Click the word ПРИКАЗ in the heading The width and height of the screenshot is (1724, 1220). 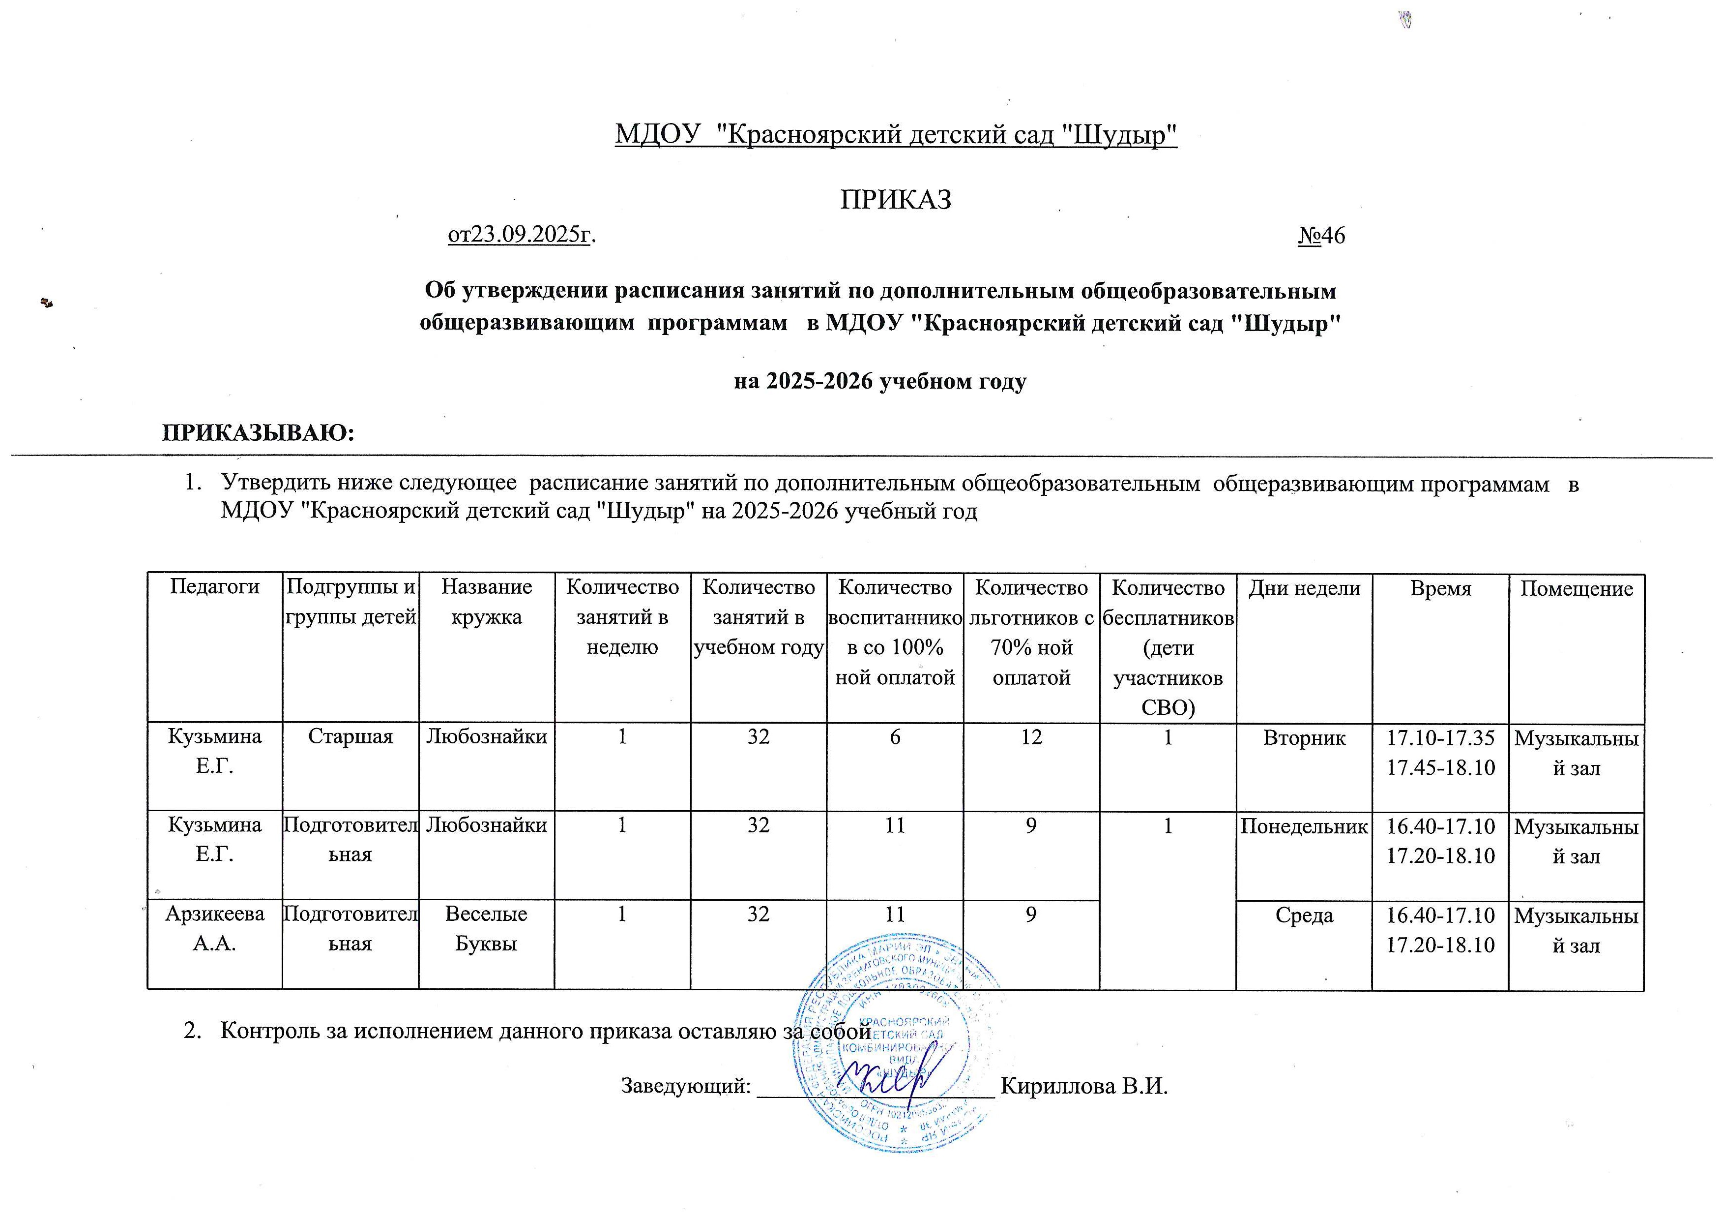click(895, 199)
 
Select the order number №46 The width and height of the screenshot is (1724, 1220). click(1321, 236)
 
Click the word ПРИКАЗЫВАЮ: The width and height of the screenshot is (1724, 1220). click(258, 433)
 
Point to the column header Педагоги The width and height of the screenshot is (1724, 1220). click(215, 587)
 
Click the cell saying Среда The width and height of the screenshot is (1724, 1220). click(1304, 915)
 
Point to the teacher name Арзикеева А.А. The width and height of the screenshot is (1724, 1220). click(215, 929)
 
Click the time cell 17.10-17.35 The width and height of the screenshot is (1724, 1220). click(1440, 738)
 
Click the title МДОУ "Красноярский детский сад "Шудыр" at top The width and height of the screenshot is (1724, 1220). click(896, 135)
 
